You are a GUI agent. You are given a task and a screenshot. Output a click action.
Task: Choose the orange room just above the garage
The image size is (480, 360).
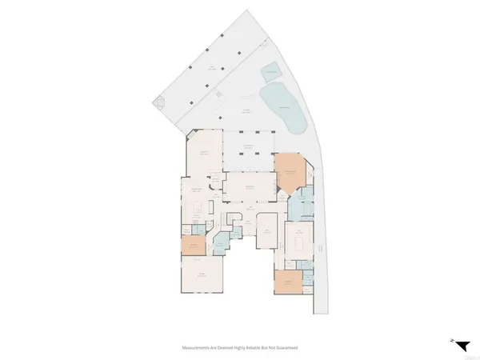coord(191,246)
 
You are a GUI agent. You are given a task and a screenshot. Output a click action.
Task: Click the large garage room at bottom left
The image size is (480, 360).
coord(202,276)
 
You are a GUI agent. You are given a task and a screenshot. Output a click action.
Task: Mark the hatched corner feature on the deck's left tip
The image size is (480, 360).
coord(160,104)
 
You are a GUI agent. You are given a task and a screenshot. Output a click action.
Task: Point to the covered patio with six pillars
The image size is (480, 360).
coord(249,151)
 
